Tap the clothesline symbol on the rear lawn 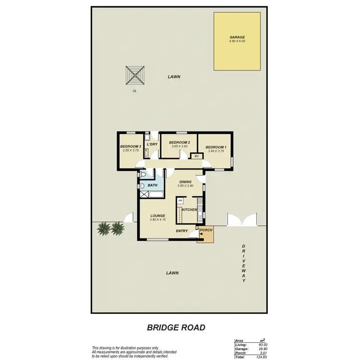coord(135,75)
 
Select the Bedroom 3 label coord(130,146)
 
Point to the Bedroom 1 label coord(216,147)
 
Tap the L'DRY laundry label coord(152,144)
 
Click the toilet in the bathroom coord(142,186)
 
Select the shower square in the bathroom coord(144,194)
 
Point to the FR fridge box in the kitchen coord(181,201)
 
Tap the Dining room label coord(185,181)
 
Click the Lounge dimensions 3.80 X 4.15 coord(157,220)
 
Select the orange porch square coord(205,234)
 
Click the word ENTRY coord(181,231)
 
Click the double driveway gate coord(242,222)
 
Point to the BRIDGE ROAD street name coord(176,327)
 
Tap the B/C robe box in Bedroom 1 coord(196,156)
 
